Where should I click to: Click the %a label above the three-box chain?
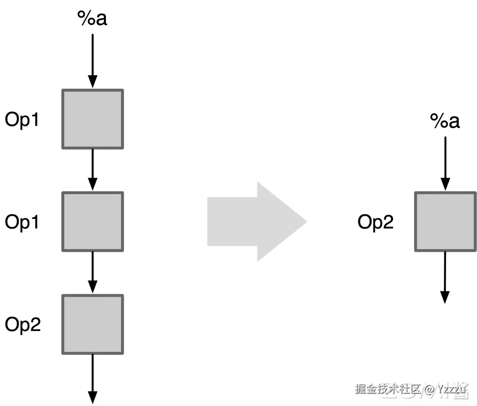tap(92, 19)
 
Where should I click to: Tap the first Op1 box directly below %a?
tap(92, 119)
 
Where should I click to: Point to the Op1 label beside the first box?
tap(22, 120)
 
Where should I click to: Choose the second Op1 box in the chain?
tap(92, 222)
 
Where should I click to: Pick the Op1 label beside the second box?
tap(22, 222)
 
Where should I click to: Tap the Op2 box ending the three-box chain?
tap(92, 324)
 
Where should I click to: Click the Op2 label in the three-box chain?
tap(23, 325)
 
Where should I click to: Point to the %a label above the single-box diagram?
tap(445, 121)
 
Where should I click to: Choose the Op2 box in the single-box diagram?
tap(445, 222)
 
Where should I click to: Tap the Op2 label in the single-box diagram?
tap(375, 222)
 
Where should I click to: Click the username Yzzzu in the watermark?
tap(453, 390)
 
